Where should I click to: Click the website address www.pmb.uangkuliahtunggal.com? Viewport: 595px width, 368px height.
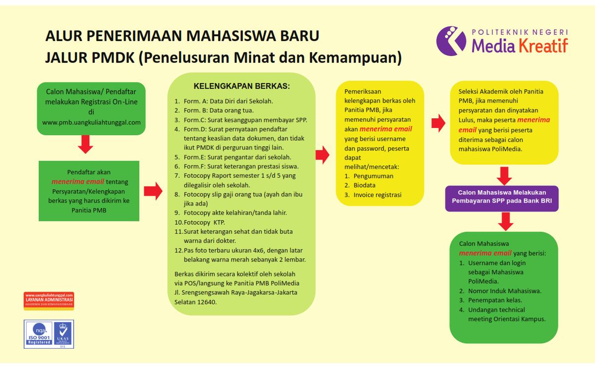[92, 122]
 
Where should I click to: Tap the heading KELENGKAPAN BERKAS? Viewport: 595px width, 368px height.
[241, 86]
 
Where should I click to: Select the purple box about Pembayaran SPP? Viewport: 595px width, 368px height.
[502, 197]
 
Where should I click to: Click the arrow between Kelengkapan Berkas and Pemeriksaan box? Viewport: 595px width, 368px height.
[322, 155]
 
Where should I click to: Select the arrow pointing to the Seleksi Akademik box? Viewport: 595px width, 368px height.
[438, 123]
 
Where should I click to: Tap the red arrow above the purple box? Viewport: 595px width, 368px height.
[505, 175]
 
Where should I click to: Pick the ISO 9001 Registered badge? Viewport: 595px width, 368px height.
[39, 333]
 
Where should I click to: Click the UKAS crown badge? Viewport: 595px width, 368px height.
[63, 333]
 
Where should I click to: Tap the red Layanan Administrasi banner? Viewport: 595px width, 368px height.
[49, 301]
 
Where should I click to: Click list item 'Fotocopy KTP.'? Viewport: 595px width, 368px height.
[204, 222]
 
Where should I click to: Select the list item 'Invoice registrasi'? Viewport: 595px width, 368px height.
[377, 195]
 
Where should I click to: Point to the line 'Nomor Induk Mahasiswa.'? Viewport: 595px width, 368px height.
[504, 291]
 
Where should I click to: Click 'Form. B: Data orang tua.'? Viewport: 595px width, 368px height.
[218, 110]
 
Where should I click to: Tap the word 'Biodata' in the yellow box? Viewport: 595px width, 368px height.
[364, 185]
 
